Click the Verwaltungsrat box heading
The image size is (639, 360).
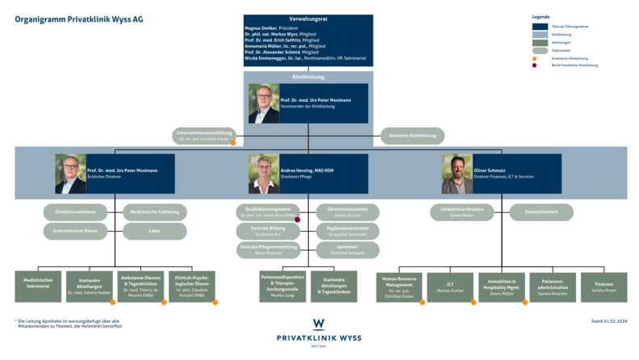(x=307, y=19)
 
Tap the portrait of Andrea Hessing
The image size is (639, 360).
(x=264, y=174)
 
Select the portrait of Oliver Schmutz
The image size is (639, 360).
(x=457, y=174)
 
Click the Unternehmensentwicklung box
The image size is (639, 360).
(x=205, y=136)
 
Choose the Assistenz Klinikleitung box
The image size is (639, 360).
(x=411, y=136)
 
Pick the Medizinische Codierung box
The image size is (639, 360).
(x=155, y=212)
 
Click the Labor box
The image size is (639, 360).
(x=155, y=232)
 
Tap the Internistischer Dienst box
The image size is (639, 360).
(x=75, y=232)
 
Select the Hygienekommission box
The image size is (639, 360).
(x=347, y=231)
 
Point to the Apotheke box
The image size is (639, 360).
(x=347, y=250)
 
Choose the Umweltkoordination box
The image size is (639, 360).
(x=461, y=212)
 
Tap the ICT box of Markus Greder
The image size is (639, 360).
(x=449, y=287)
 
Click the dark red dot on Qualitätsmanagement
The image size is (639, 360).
(x=298, y=220)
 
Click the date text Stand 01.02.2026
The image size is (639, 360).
(x=608, y=321)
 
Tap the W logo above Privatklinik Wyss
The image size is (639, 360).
(x=319, y=324)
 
